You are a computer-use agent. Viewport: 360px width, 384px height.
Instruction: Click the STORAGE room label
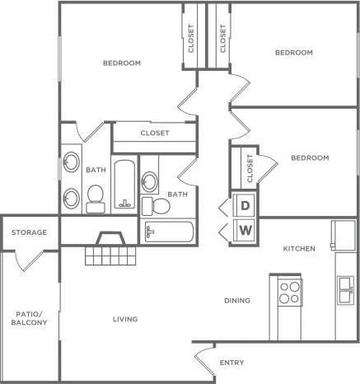(x=29, y=232)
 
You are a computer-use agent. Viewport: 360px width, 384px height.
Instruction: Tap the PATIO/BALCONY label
(x=29, y=317)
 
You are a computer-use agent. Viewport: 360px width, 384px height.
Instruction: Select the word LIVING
(x=125, y=319)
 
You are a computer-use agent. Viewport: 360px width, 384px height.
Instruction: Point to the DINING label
(x=236, y=301)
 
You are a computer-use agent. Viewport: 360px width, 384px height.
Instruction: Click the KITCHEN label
(x=297, y=248)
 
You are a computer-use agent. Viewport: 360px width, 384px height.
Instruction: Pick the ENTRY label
(x=231, y=363)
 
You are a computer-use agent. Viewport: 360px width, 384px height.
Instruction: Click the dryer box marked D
(x=245, y=206)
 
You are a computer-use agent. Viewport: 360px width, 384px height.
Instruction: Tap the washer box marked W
(x=245, y=230)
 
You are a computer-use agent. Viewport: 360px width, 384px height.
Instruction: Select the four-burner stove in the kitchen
(x=288, y=292)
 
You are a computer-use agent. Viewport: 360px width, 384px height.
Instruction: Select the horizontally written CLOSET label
(x=155, y=133)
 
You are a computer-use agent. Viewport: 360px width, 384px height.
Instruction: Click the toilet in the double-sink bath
(x=94, y=195)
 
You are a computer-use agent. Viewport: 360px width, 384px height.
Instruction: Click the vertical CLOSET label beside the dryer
(x=250, y=168)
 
